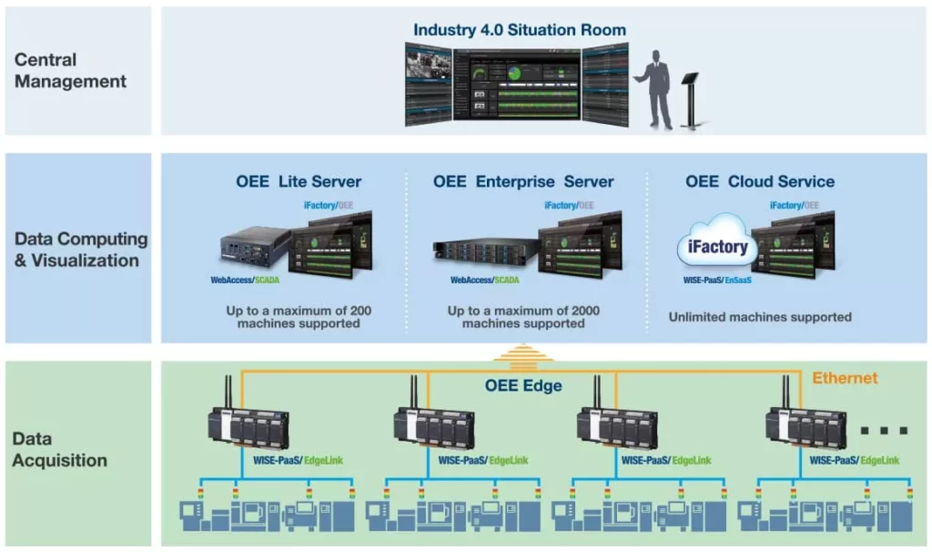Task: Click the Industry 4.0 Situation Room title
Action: click(520, 30)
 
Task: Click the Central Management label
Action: click(70, 70)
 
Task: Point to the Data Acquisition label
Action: click(59, 449)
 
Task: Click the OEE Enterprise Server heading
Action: click(523, 181)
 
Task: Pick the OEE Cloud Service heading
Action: click(760, 181)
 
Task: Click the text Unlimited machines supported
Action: click(760, 317)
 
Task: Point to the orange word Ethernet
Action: click(844, 378)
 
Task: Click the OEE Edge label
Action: click(522, 385)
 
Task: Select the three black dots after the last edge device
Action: click(884, 430)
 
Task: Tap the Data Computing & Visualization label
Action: click(81, 250)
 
